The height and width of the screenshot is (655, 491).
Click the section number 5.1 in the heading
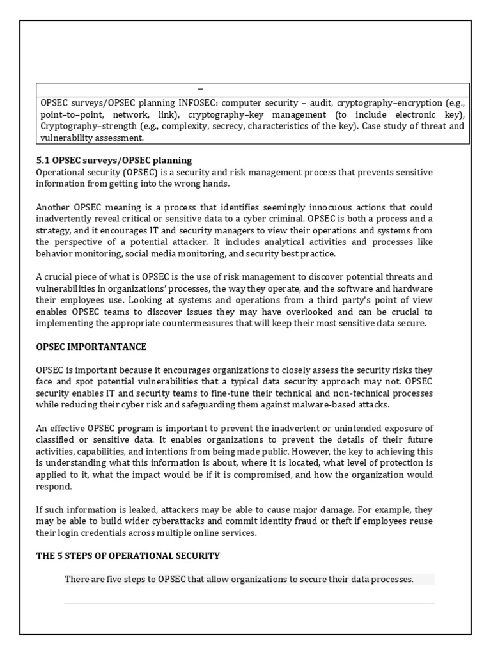(42, 160)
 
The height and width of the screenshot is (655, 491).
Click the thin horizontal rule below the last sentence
(249, 603)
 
